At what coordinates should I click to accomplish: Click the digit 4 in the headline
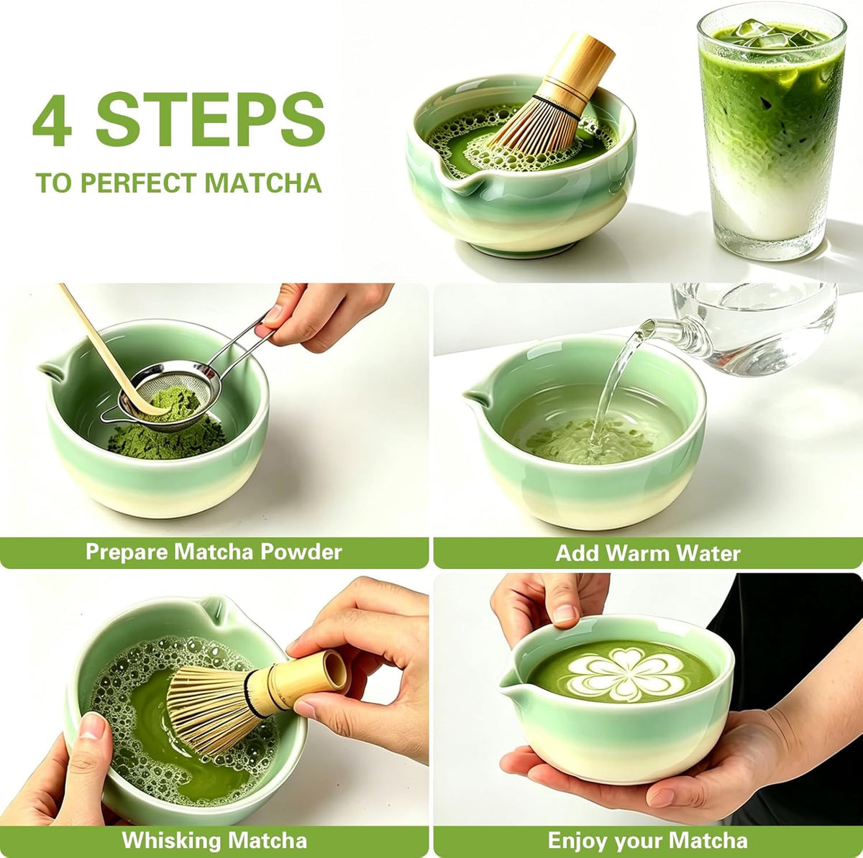click(52, 120)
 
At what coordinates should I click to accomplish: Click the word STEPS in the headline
click(211, 119)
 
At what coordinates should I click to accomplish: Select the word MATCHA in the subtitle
click(263, 183)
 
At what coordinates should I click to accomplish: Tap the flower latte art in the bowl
click(627, 673)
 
